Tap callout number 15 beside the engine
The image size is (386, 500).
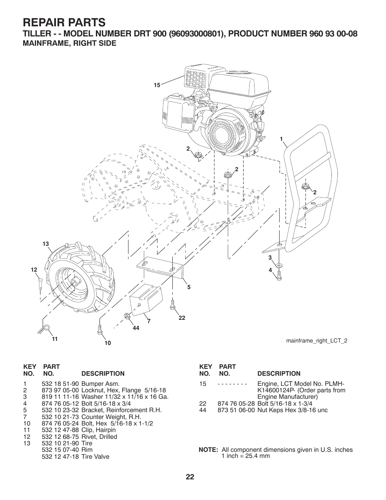[157, 85]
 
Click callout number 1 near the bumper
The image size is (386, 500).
[281, 139]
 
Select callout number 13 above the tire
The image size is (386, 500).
[46, 244]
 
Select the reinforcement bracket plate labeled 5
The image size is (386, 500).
[160, 268]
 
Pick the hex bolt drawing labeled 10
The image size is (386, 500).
[99, 328]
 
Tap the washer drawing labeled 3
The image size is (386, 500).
[279, 265]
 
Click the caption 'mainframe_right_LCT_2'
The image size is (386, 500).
[316, 340]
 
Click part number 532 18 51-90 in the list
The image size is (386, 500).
[60, 383]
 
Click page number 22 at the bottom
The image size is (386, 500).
[190, 477]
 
